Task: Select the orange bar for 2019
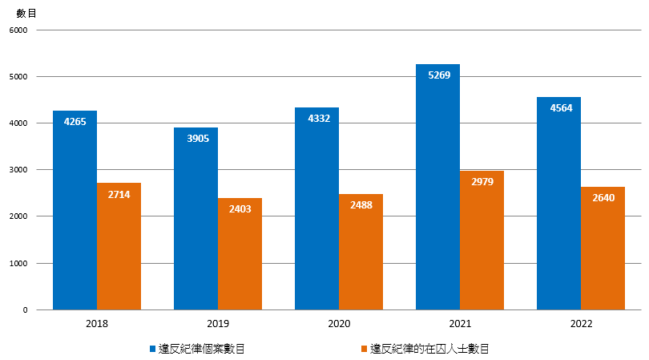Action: (240, 253)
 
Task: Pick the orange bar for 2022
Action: (603, 248)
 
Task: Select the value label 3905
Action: (196, 139)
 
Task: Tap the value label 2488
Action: (361, 206)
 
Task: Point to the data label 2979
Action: (482, 182)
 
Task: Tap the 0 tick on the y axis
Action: (25, 310)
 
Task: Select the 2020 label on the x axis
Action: (339, 324)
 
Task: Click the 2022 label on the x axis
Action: (581, 324)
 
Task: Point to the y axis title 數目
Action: (26, 12)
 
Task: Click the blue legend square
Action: (153, 349)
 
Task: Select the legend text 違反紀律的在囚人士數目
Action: (429, 349)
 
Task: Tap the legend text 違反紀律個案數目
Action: (201, 349)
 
